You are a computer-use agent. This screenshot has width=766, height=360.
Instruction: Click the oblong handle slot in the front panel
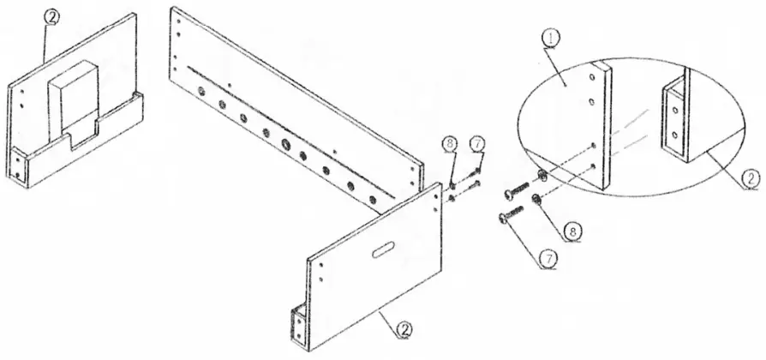coord(384,249)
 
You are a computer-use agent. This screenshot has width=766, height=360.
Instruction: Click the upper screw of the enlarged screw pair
coord(520,187)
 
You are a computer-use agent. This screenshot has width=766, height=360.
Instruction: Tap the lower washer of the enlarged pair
coord(535,201)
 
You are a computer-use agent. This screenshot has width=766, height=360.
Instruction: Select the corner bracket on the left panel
coord(20,165)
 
